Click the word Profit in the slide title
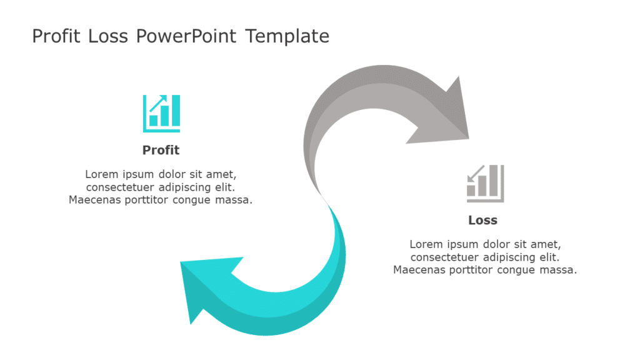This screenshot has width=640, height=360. coord(56,36)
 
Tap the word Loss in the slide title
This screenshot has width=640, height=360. coord(108,36)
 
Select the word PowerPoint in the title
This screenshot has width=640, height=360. coord(186,36)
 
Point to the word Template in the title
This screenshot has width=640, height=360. coord(287,36)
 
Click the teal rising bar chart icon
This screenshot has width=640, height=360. coord(161,113)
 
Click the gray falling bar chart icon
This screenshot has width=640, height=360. coord(485,183)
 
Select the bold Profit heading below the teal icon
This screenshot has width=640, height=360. coord(161,150)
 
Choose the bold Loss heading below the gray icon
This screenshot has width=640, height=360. coord(482,220)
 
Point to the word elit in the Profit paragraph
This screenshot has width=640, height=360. coord(224,187)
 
